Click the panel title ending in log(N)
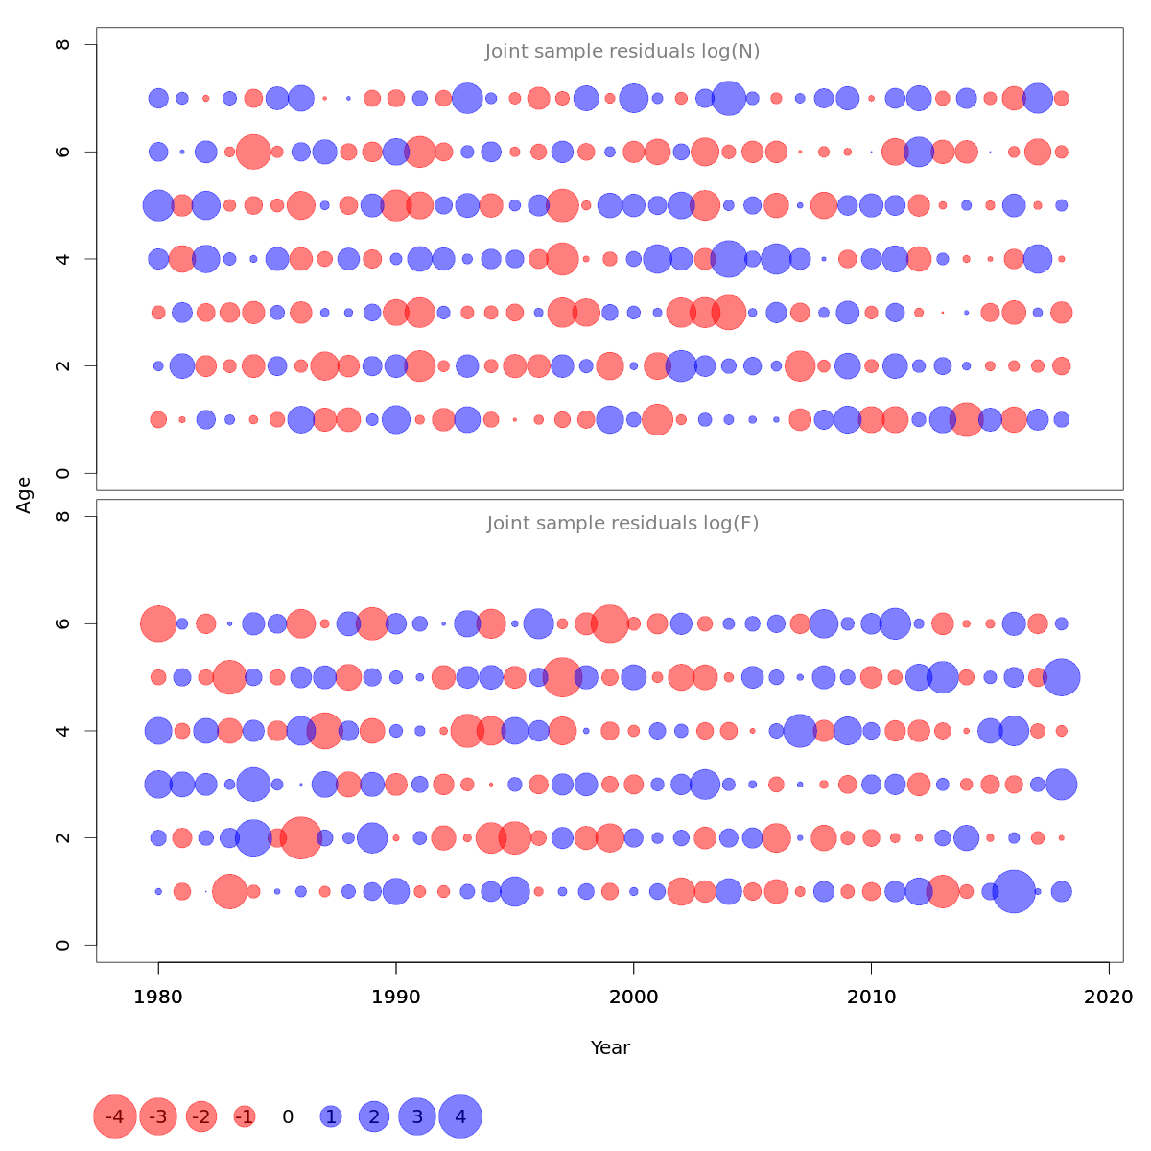622,52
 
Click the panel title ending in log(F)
622,524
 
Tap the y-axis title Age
25,495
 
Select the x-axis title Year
610,1047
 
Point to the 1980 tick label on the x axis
158,998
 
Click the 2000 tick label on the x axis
633,998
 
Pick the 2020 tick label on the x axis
1109,998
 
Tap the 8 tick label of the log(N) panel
63,45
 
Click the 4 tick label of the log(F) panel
63,731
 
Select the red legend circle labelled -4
115,1116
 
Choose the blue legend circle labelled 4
460,1116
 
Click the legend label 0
288,1116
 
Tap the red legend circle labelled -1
245,1116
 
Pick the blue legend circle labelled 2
374,1116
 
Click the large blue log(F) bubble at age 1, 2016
1014,891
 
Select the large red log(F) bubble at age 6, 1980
158,623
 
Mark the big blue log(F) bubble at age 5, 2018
1061,677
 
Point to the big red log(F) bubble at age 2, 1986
301,838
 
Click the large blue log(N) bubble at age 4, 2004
728,259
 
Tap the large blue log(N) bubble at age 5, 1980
158,205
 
